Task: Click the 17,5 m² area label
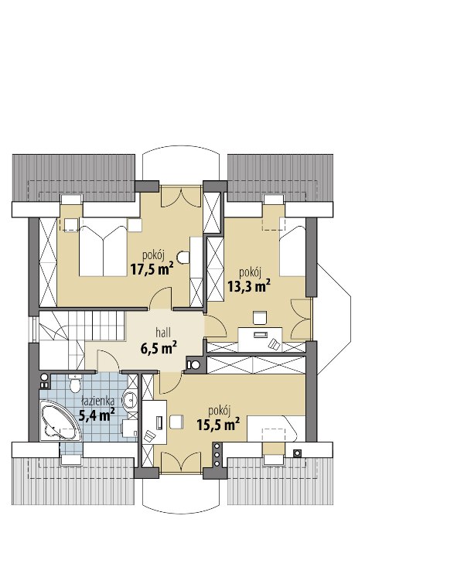point(152,268)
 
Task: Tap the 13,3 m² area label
point(249,285)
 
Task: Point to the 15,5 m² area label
point(218,424)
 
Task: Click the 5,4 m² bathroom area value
point(97,415)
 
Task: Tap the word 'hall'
point(162,332)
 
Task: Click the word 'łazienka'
point(97,401)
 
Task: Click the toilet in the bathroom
point(75,384)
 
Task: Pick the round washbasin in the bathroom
point(129,400)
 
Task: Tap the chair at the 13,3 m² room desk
point(260,317)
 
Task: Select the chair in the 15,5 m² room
point(176,422)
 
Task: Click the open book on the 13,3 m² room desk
point(275,344)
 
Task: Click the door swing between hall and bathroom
point(107,361)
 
